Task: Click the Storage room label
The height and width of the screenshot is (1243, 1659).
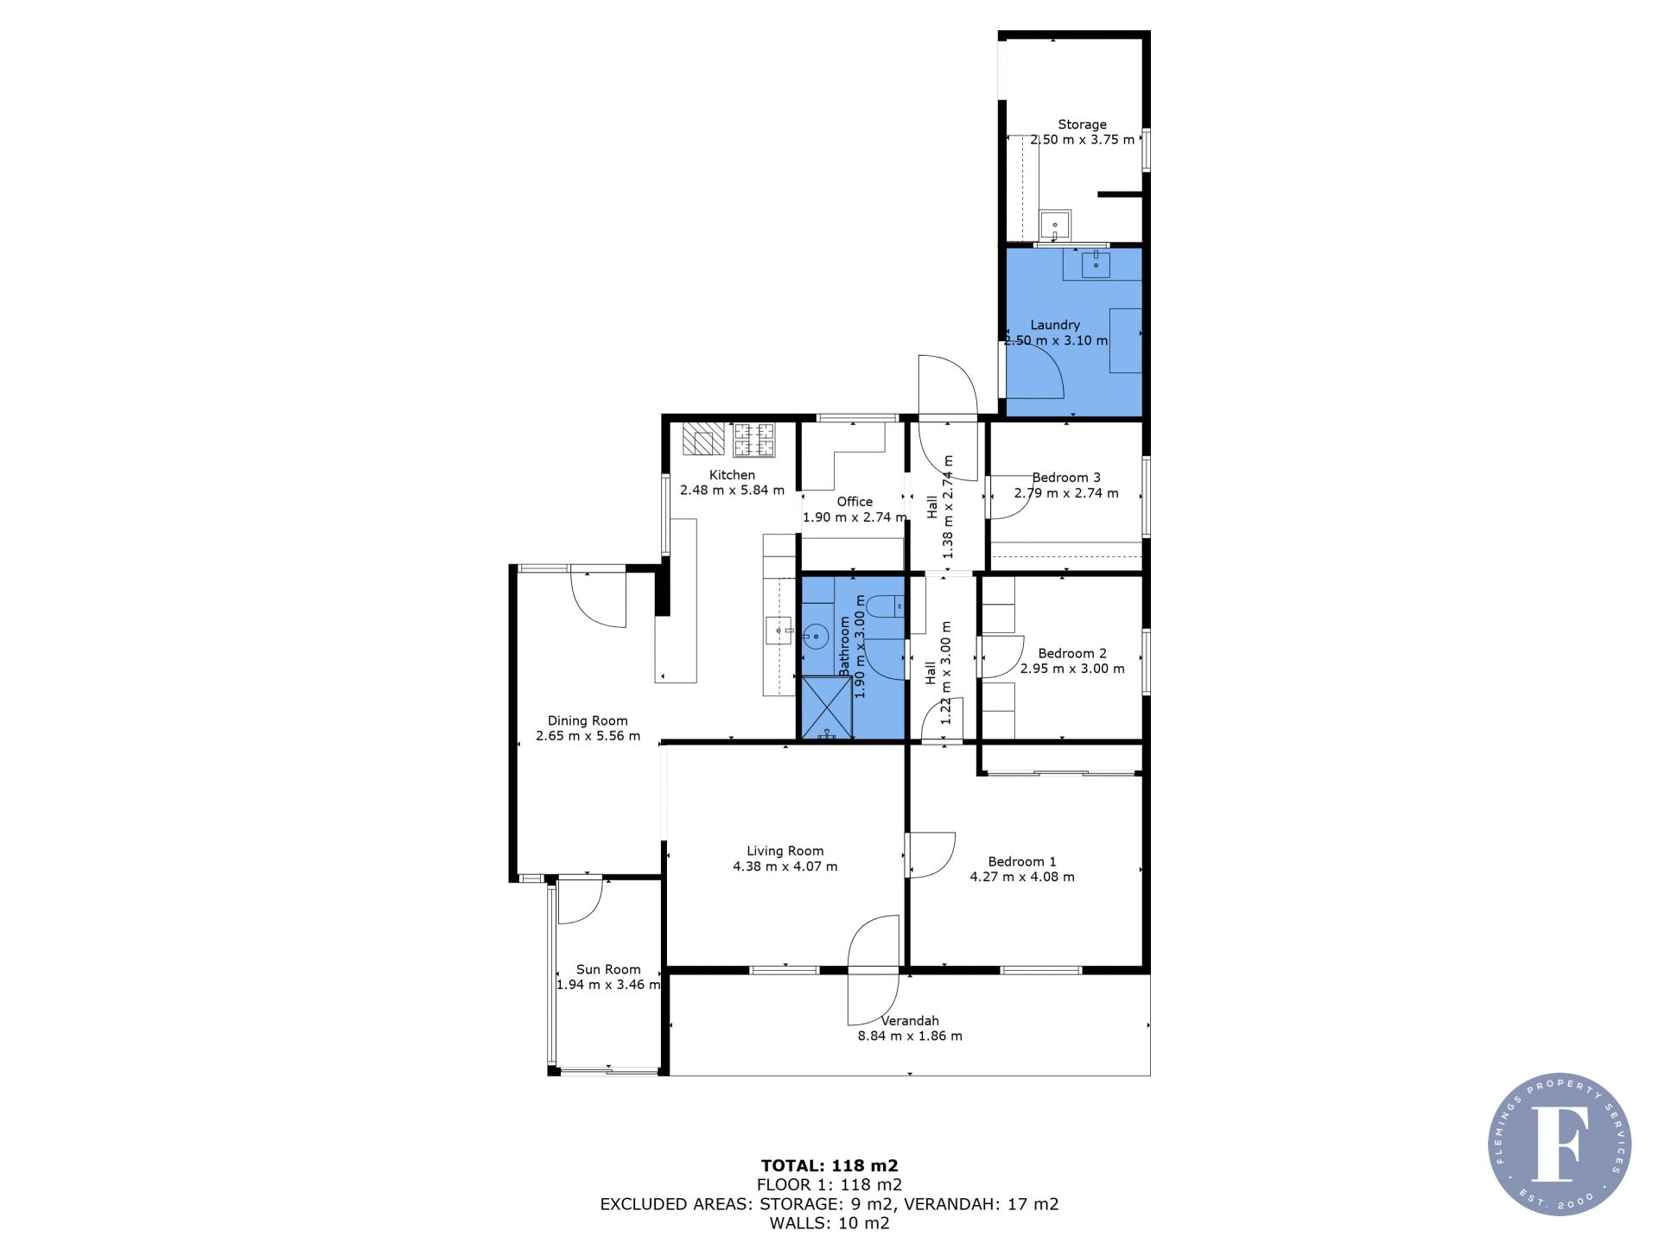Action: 1082,124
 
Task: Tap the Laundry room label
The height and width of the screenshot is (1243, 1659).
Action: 1055,325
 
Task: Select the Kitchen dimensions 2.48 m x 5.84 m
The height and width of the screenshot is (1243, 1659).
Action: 732,490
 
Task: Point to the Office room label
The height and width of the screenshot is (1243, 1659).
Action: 855,501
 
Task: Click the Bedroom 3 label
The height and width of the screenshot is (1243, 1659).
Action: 1066,478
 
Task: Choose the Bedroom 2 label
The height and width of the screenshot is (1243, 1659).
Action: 1072,653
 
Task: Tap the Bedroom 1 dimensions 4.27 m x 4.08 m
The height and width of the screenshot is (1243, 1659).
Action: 1022,877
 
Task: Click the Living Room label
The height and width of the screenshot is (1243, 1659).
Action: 785,851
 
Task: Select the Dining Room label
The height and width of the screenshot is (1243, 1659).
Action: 588,720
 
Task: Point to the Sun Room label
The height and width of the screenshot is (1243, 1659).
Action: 608,969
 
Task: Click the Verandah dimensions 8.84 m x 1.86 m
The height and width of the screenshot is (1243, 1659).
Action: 910,1036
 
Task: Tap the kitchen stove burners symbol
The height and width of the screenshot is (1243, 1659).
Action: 754,440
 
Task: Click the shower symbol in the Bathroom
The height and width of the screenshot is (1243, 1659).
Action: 827,708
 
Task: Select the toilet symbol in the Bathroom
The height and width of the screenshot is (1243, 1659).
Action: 884,607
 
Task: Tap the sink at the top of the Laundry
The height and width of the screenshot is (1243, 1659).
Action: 1096,264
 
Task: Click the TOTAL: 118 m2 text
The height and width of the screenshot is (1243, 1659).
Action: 829,1166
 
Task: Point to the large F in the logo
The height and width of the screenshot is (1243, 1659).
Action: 1560,1143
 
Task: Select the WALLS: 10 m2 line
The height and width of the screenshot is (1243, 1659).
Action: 829,1223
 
